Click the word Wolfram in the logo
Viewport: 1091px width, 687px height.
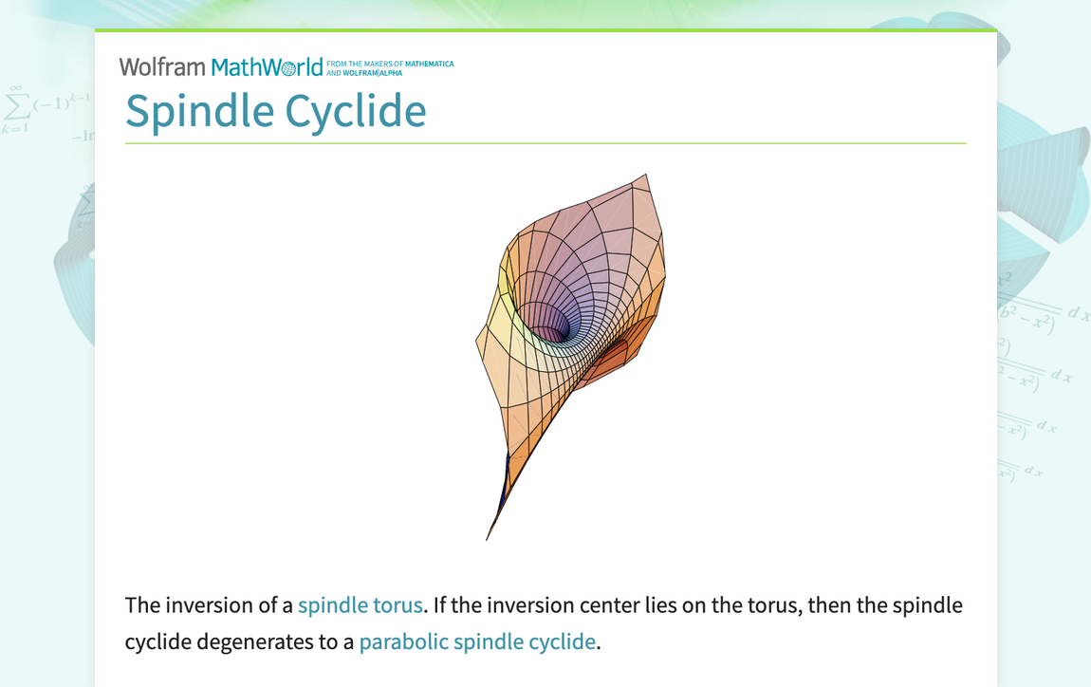pyautogui.click(x=162, y=67)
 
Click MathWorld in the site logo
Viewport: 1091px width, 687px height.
pyautogui.click(x=267, y=67)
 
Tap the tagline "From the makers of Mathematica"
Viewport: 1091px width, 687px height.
pyautogui.click(x=390, y=64)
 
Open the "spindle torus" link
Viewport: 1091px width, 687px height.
pyautogui.click(x=360, y=605)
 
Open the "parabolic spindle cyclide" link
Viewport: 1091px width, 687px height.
pyautogui.click(x=477, y=641)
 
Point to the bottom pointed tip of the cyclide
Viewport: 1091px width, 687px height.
pyautogui.click(x=488, y=538)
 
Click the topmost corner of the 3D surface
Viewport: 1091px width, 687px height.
pyautogui.click(x=645, y=176)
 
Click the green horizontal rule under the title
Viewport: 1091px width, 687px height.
pyautogui.click(x=545, y=143)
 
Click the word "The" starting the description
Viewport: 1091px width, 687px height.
pyautogui.click(x=141, y=605)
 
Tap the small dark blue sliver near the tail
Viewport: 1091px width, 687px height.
pyautogui.click(x=508, y=470)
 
